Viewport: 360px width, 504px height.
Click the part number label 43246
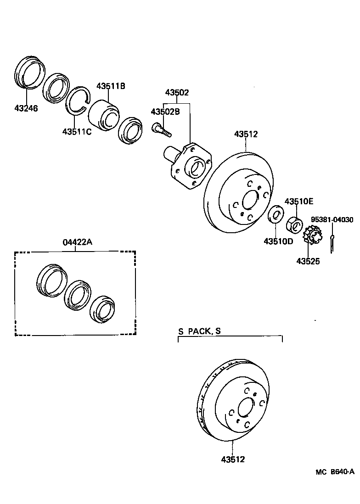point(26,108)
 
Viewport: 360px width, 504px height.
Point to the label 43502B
point(165,112)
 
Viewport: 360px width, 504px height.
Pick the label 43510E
point(298,201)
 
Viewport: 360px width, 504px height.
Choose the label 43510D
point(278,241)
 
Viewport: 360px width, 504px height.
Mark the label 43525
point(308,261)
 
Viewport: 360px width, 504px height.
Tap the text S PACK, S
point(199,330)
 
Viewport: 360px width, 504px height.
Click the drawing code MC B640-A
point(335,471)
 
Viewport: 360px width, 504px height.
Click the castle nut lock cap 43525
point(312,236)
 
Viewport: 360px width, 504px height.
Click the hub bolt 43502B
point(160,129)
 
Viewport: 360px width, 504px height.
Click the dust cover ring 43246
point(30,73)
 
